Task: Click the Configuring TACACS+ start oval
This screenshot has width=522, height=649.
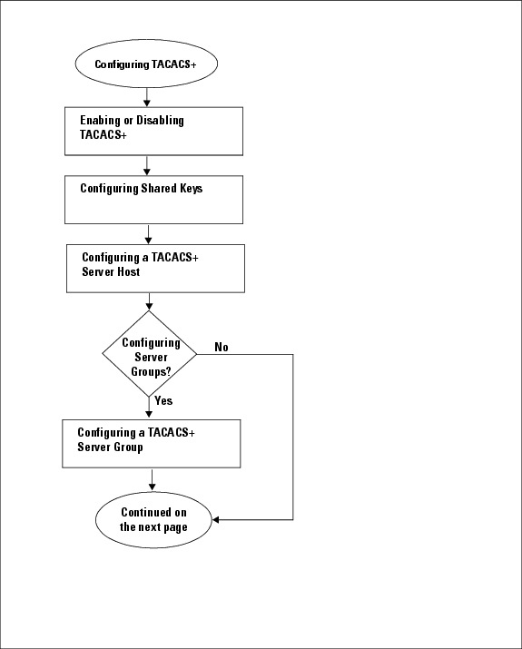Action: click(x=146, y=64)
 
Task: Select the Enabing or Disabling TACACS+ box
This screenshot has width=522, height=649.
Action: click(x=153, y=132)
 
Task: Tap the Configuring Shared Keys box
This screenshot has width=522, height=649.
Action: click(x=153, y=200)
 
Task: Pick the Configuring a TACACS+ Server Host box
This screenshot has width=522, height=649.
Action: click(x=155, y=268)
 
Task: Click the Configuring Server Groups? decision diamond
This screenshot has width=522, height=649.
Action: click(x=150, y=354)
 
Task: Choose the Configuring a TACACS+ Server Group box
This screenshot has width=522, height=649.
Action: click(x=151, y=444)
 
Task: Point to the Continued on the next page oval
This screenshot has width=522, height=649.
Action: click(x=153, y=520)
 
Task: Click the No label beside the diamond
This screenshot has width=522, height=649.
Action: click(x=222, y=347)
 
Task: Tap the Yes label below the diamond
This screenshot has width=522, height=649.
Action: click(x=163, y=400)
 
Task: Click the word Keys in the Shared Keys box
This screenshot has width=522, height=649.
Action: click(x=191, y=189)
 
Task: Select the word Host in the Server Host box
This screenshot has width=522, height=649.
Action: click(x=128, y=271)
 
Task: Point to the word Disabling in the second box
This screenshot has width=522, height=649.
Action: click(x=160, y=121)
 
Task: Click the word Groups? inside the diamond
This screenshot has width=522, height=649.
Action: click(x=151, y=371)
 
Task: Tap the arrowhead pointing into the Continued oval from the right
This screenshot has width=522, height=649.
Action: click(x=215, y=519)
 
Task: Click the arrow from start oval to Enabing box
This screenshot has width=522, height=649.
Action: click(x=146, y=97)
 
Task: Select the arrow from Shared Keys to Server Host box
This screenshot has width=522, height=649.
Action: click(x=148, y=234)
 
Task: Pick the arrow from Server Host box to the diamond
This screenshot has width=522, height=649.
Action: click(x=149, y=301)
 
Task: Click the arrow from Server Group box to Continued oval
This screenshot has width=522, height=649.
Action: click(x=152, y=480)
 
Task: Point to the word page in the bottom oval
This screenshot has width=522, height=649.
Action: click(x=175, y=527)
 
